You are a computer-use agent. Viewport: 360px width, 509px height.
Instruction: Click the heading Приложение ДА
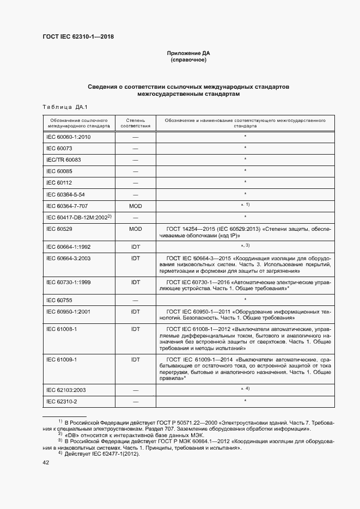[x=189, y=53]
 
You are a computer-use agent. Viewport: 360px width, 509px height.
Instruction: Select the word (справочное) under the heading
[x=189, y=60]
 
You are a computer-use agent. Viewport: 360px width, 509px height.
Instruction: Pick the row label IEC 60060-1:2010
[x=69, y=137]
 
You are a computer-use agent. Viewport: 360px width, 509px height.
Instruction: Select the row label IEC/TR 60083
[x=64, y=160]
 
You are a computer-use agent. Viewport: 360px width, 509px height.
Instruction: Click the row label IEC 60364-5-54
[x=65, y=194]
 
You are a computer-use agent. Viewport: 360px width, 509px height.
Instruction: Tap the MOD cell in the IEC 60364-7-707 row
[x=135, y=205]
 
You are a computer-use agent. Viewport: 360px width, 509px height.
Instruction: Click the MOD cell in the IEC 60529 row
[x=135, y=229]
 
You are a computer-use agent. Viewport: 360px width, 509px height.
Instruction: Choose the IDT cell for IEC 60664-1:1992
[x=135, y=247]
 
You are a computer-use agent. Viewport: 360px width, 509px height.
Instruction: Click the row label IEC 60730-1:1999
[x=69, y=283]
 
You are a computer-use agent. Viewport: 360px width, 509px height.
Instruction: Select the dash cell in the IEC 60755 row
[x=135, y=300]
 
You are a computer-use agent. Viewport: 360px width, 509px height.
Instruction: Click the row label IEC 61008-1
[x=62, y=329]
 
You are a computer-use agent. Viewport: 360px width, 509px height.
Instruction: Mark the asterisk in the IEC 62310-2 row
[x=246, y=401]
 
